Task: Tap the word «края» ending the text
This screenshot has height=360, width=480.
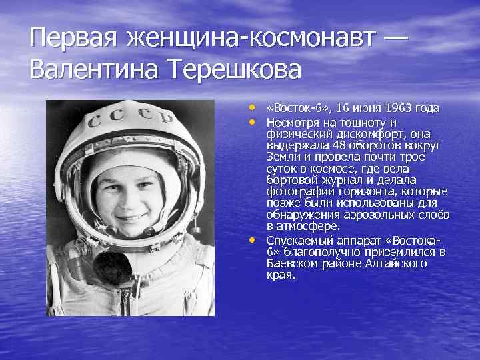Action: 279,275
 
